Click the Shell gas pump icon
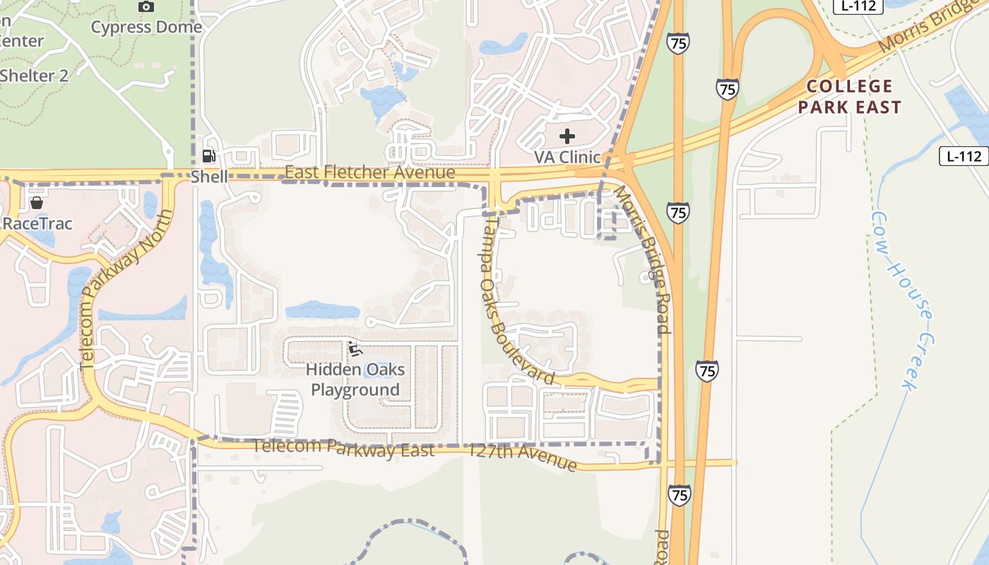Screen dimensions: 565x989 pos(208,156)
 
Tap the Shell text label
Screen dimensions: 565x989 pos(209,176)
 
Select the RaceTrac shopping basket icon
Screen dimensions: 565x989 pos(37,203)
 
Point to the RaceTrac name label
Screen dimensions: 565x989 pos(37,223)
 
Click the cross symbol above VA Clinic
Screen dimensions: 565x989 pos(567,136)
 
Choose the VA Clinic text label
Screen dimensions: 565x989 pos(567,157)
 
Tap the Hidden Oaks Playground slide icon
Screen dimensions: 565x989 pos(355,349)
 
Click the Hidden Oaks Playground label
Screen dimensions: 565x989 pos(355,379)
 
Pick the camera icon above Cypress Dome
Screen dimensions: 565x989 pos(146,7)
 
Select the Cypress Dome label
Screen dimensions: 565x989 pos(146,28)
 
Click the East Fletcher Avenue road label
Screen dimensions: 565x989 pos(369,172)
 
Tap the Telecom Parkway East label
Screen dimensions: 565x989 pos(343,448)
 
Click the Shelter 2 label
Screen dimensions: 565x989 pos(34,76)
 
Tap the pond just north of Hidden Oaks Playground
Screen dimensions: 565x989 pos(322,310)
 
